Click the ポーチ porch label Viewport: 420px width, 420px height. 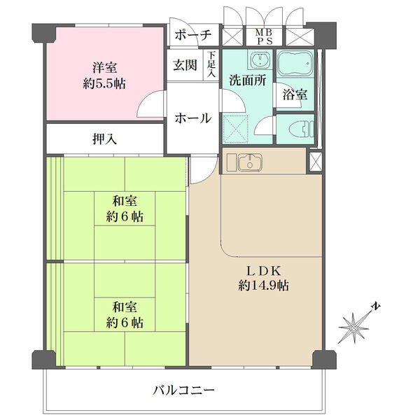[193, 35]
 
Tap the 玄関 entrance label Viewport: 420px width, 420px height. [185, 65]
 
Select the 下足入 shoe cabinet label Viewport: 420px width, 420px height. [211, 64]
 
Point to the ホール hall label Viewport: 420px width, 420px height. [193, 118]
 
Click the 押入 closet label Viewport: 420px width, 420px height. [104, 139]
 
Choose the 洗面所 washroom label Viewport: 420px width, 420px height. [248, 80]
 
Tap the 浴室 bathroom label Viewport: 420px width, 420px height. [295, 94]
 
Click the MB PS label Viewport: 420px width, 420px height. [264, 36]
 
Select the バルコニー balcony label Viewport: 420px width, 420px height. [183, 391]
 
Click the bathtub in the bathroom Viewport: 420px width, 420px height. [295, 64]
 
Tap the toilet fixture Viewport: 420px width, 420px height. [301, 129]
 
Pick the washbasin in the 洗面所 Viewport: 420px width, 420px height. [260, 59]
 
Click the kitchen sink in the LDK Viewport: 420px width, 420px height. [250, 162]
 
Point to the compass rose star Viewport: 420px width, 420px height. [354, 328]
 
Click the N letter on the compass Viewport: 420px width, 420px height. [377, 307]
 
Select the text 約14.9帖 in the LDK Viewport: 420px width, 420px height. [264, 286]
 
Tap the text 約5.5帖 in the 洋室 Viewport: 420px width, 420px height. [104, 84]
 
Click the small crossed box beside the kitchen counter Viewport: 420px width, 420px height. [315, 162]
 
